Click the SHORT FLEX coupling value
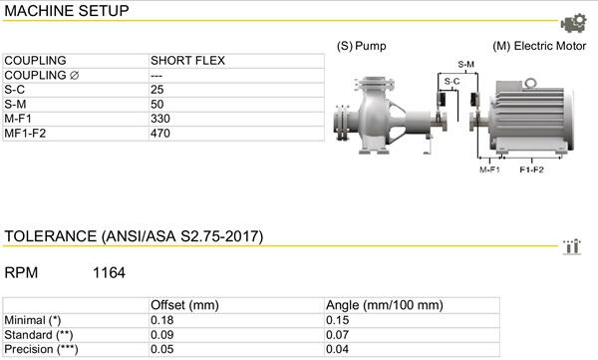tap(187, 61)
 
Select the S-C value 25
tap(157, 90)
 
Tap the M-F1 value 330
tap(160, 119)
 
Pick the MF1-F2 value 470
tap(160, 134)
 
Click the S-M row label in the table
tap(15, 105)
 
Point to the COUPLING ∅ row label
tap(42, 75)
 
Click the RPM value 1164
tap(109, 273)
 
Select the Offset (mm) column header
tap(184, 305)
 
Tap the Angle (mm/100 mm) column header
tap(385, 305)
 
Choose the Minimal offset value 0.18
tap(162, 320)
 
